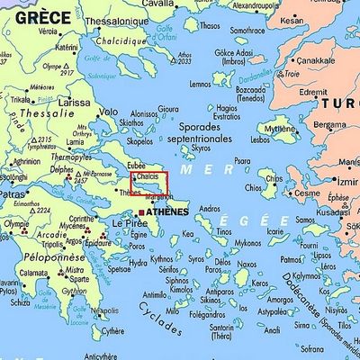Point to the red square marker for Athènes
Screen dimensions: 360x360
(x=141, y=212)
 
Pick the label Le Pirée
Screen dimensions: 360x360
(x=130, y=222)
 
